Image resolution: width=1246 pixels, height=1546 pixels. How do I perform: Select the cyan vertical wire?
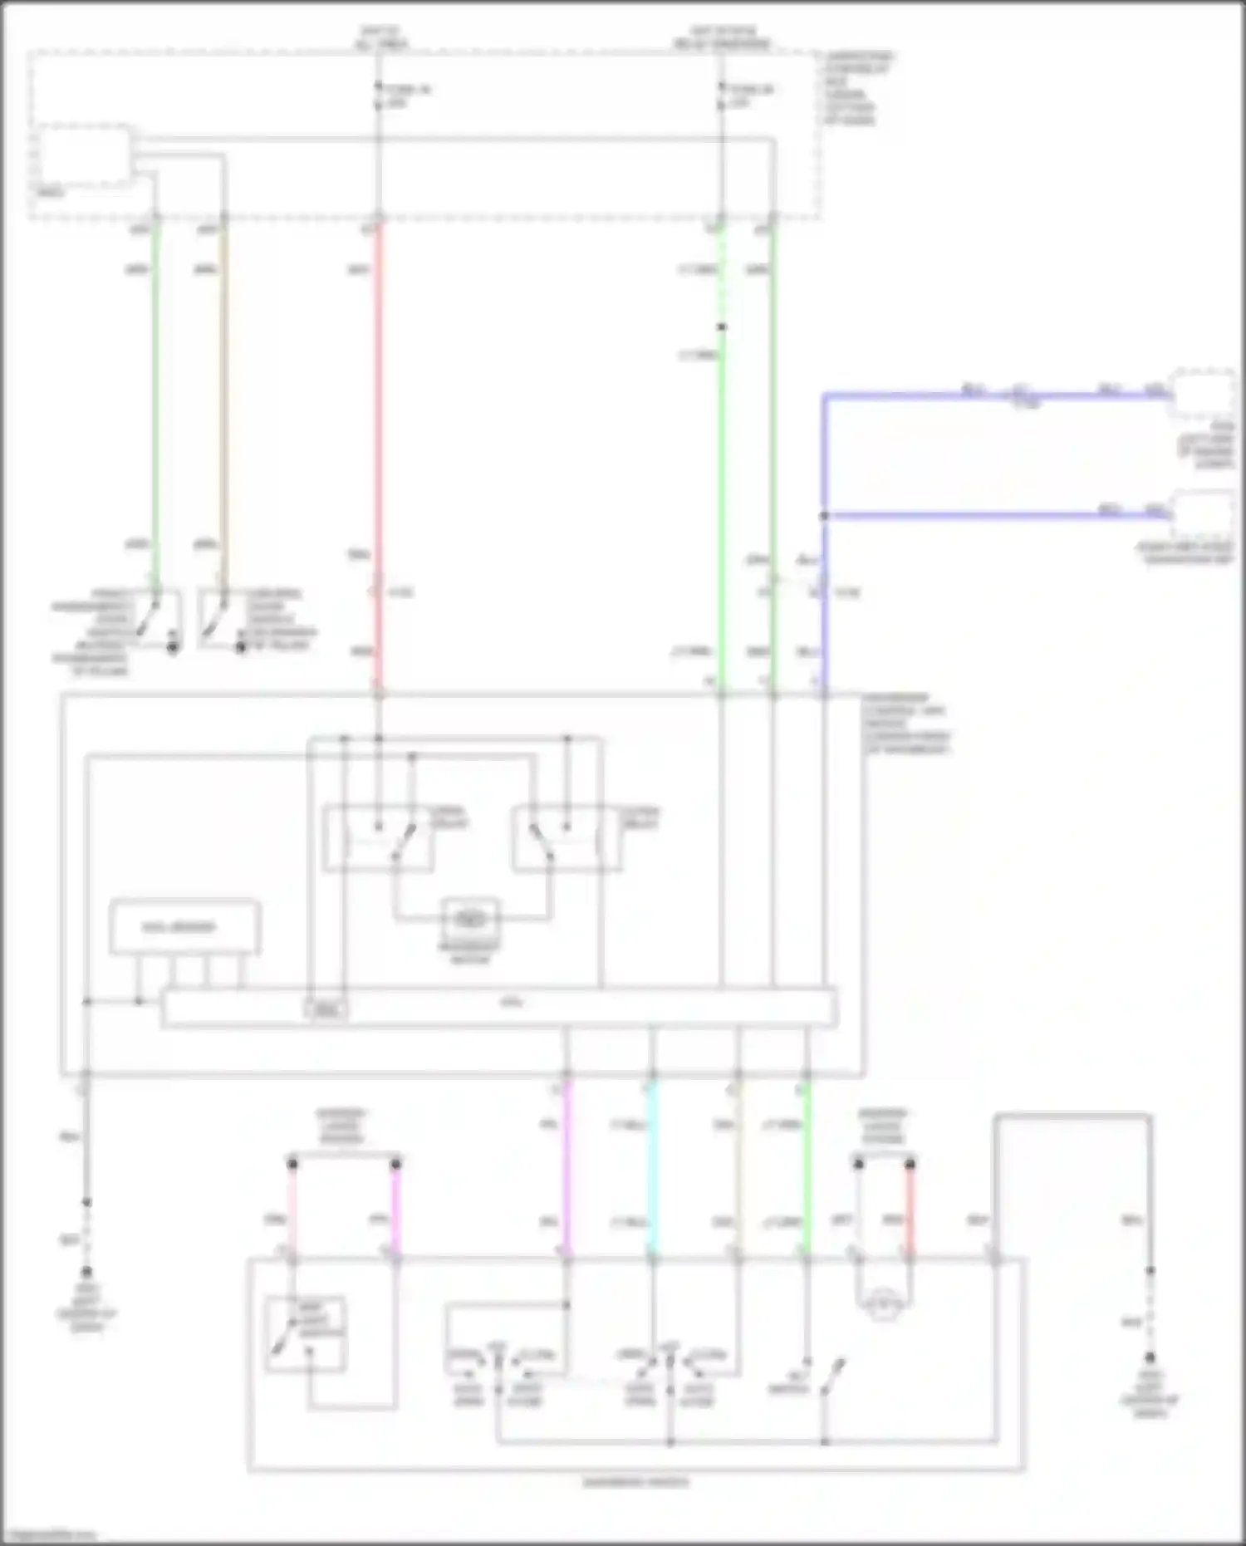[652, 1163]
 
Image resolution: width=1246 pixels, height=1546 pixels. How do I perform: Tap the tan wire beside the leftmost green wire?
[223, 399]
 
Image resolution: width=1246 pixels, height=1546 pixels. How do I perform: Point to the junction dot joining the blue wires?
[824, 516]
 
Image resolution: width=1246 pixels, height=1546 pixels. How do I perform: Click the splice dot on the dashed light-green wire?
[721, 327]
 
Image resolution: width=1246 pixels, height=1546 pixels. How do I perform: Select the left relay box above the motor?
[378, 837]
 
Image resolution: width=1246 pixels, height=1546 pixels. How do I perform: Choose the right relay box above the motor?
[567, 837]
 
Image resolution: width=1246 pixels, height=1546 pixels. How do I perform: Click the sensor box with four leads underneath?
[184, 927]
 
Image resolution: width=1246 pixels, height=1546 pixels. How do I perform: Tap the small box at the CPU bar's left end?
[326, 1010]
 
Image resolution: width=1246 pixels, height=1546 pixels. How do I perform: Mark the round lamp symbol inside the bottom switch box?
[883, 1306]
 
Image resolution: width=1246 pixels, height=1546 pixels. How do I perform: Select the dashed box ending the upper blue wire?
[1203, 393]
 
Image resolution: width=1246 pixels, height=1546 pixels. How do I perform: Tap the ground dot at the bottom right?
[1150, 1358]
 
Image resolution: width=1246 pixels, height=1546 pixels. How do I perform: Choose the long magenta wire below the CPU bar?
[567, 1163]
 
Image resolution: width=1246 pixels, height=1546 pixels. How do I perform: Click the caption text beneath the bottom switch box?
[635, 1482]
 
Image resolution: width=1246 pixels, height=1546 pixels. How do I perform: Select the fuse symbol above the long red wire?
[379, 96]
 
